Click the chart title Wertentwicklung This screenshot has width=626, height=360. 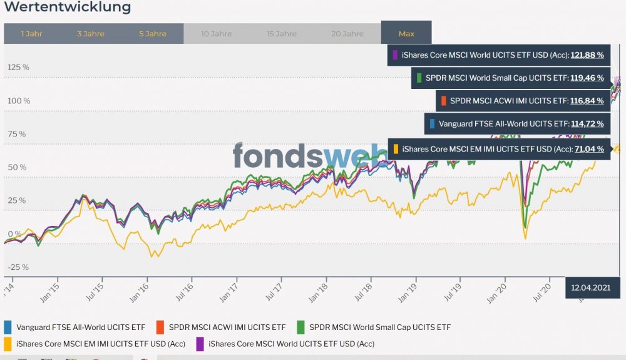pos(68,8)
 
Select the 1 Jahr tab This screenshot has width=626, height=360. pos(31,34)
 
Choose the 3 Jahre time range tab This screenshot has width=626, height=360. pos(91,34)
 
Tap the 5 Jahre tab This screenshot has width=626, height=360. pos(153,34)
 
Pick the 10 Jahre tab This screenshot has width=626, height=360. pos(217,34)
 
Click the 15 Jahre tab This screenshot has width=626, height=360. pos(282,34)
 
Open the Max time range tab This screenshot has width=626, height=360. pos(406,34)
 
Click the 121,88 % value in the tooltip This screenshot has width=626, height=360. pos(587,55)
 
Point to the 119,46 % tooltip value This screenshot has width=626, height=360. pos(587,78)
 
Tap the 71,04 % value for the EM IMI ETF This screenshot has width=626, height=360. pos(589,149)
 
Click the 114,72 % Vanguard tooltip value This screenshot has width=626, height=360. pos(587,124)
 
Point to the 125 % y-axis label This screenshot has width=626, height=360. pos(18,68)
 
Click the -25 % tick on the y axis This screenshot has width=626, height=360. pos(18,267)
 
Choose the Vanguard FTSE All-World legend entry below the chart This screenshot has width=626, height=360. pos(80,327)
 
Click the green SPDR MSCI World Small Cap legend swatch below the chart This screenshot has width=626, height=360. pos(300,327)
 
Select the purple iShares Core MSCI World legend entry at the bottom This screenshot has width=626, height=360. pos(291,344)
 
